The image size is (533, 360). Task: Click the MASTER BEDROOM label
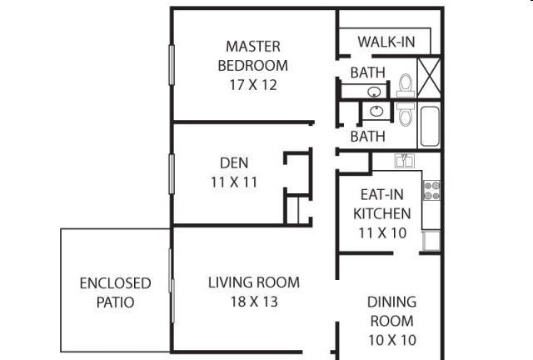[x=253, y=56]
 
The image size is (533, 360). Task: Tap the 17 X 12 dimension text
[x=253, y=85]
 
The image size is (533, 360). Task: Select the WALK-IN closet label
[x=386, y=42]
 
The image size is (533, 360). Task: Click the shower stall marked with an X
[x=429, y=78]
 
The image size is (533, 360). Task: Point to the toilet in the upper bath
[x=406, y=85]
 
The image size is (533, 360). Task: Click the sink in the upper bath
[x=374, y=92]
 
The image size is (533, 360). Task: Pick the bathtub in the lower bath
[x=430, y=126]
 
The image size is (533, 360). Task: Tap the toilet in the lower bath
[x=406, y=114]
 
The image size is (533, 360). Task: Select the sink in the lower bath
[x=376, y=111]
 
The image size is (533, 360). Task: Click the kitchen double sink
[x=405, y=161]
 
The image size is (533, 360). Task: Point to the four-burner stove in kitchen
[x=431, y=191]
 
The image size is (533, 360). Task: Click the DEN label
[x=234, y=163]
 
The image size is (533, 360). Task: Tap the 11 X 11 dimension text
[x=234, y=182]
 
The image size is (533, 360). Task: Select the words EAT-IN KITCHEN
[x=382, y=204]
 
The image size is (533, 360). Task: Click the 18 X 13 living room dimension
[x=254, y=302]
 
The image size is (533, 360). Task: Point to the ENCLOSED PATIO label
[x=115, y=292]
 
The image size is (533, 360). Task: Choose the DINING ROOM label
[x=392, y=312]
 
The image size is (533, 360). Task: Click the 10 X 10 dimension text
[x=392, y=340]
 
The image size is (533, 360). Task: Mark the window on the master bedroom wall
[x=172, y=65]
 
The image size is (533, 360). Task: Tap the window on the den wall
[x=172, y=174]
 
